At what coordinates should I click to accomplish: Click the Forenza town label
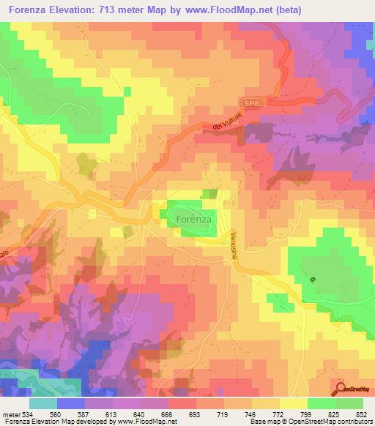coord(194,218)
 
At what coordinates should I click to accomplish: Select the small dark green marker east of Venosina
coord(313,280)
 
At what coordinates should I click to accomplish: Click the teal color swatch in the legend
coord(42,403)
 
